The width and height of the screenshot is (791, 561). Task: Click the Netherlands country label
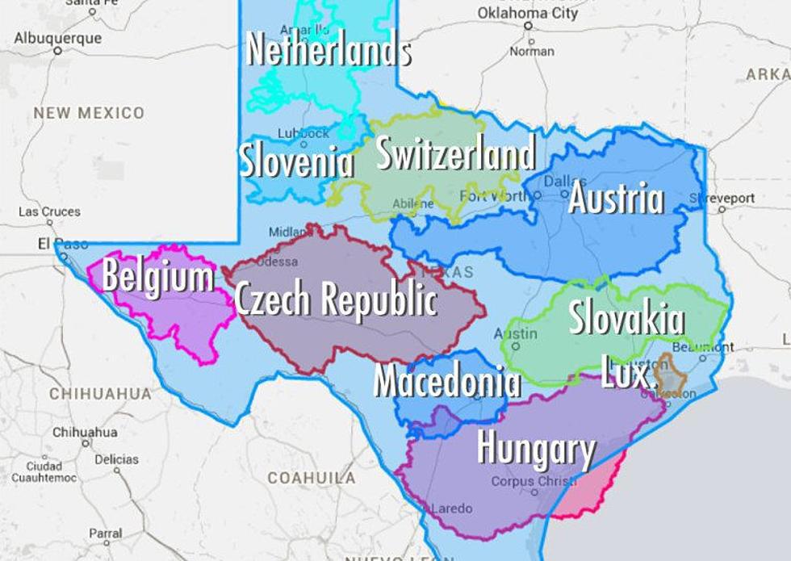329,50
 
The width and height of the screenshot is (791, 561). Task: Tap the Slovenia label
297,161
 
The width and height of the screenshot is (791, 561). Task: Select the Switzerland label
455,153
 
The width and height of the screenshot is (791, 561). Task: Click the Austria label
616,199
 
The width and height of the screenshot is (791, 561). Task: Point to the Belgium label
157,278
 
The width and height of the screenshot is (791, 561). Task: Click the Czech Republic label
336,299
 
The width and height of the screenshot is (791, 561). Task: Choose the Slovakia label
626,318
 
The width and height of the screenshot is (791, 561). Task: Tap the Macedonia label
446,380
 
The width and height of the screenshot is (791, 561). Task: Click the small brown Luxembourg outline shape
670,374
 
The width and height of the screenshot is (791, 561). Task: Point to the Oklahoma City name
528,13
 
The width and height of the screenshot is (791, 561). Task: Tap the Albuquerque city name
58,38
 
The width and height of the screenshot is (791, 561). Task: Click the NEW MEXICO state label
89,113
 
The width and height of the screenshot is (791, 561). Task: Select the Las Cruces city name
50,211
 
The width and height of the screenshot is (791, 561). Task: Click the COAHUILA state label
311,478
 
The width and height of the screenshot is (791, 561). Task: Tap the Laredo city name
452,509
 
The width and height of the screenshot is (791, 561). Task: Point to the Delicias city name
116,458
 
